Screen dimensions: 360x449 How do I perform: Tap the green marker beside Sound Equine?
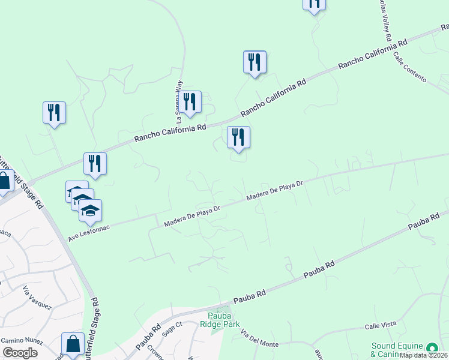[432, 348]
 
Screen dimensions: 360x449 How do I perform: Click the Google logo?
[20, 353]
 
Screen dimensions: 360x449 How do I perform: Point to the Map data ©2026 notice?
[423, 355]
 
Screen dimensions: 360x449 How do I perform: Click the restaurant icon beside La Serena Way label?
[190, 102]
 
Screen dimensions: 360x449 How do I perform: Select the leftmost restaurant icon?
[55, 112]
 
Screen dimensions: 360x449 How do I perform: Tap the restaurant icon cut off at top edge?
[314, 4]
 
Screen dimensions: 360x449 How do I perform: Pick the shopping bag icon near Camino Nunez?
[73, 344]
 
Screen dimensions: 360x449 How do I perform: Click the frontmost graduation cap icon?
[90, 211]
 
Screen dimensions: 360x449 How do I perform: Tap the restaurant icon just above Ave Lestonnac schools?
[95, 163]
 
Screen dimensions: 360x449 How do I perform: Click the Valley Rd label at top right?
[384, 20]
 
